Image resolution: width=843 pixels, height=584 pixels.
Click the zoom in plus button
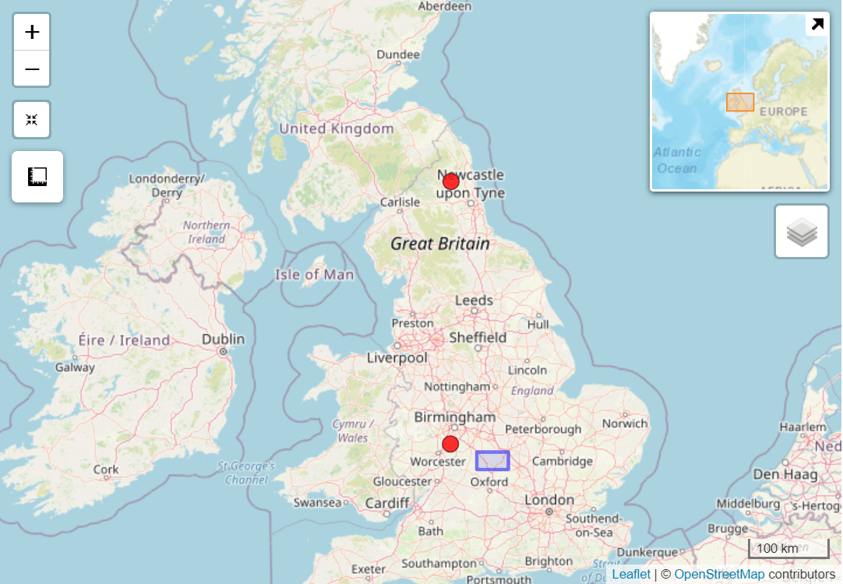pos(32,32)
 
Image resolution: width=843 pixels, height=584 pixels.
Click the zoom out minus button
pos(32,69)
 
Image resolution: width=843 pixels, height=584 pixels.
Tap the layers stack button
pos(802,231)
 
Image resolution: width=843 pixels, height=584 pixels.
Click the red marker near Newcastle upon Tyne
pos(450,181)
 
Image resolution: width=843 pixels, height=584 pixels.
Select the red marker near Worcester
pos(450,445)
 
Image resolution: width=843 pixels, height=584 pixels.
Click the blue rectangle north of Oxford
pos(492,461)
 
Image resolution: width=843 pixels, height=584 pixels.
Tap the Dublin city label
pos(223,339)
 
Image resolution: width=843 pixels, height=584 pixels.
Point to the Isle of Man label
pos(314,275)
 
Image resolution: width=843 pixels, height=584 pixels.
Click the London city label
pos(548,500)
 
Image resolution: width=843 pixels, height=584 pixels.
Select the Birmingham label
pos(454,417)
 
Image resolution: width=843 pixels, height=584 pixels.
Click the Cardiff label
pos(387,503)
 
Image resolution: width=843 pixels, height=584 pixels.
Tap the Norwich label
pos(624,424)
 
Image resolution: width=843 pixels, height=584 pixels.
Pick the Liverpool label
pos(397,358)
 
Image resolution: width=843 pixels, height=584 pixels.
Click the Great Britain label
pos(440,244)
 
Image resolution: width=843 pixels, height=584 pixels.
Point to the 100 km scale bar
pos(788,548)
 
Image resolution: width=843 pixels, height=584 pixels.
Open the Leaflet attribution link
pos(631,575)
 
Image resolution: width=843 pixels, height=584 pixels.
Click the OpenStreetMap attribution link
pos(719,575)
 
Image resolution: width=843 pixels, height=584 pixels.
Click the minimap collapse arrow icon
pos(817,24)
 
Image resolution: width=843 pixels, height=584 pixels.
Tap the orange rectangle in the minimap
pos(740,102)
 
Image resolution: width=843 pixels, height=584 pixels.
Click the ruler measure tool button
pos(37,177)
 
